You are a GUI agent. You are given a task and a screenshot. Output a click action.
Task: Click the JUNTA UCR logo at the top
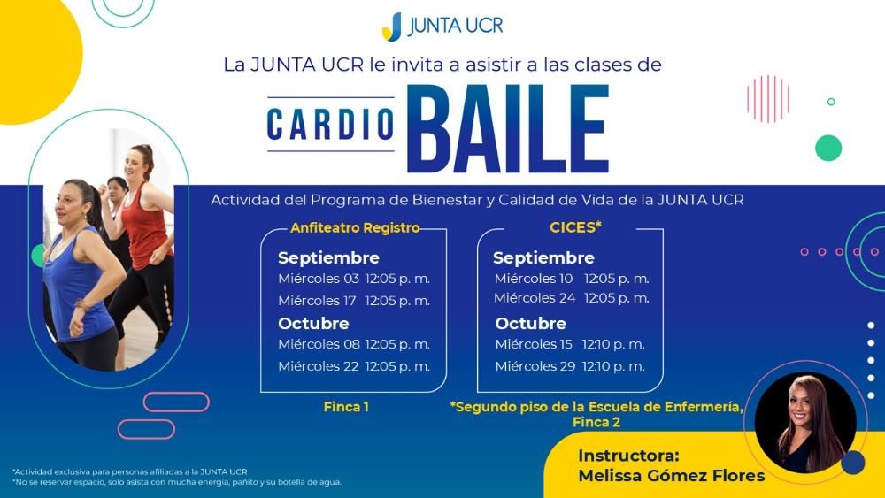pyautogui.click(x=442, y=27)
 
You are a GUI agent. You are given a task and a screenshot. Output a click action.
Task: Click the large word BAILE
pyautogui.click(x=508, y=128)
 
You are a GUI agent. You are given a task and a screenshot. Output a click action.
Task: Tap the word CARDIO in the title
pyautogui.click(x=330, y=124)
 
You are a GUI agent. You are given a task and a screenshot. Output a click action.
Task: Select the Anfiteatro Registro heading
pyautogui.click(x=355, y=228)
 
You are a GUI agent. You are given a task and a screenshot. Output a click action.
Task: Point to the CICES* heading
pyautogui.click(x=576, y=227)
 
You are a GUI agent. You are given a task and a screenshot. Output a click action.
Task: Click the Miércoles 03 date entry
pyautogui.click(x=319, y=279)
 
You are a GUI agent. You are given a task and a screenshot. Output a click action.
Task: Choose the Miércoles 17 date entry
pyautogui.click(x=317, y=301)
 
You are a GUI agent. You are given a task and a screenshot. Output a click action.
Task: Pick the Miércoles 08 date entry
pyautogui.click(x=319, y=344)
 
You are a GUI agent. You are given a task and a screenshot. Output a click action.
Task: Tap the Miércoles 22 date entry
pyautogui.click(x=319, y=366)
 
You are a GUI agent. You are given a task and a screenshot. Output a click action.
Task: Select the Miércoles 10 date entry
pyautogui.click(x=534, y=279)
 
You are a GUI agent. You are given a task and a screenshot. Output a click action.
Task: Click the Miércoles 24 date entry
pyautogui.click(x=535, y=298)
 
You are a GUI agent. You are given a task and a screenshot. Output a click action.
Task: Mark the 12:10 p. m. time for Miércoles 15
pyautogui.click(x=613, y=344)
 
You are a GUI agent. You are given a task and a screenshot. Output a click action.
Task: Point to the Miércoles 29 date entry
pyautogui.click(x=535, y=366)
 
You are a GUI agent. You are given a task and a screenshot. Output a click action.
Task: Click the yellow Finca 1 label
pyautogui.click(x=346, y=407)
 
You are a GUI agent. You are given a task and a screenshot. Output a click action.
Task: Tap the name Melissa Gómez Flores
pyautogui.click(x=672, y=475)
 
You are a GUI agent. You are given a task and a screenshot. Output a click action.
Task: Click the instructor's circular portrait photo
pyautogui.click(x=805, y=423)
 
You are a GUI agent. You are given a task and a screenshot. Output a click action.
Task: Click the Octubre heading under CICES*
pyautogui.click(x=530, y=323)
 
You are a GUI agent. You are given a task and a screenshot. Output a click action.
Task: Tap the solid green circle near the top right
pyautogui.click(x=828, y=149)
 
